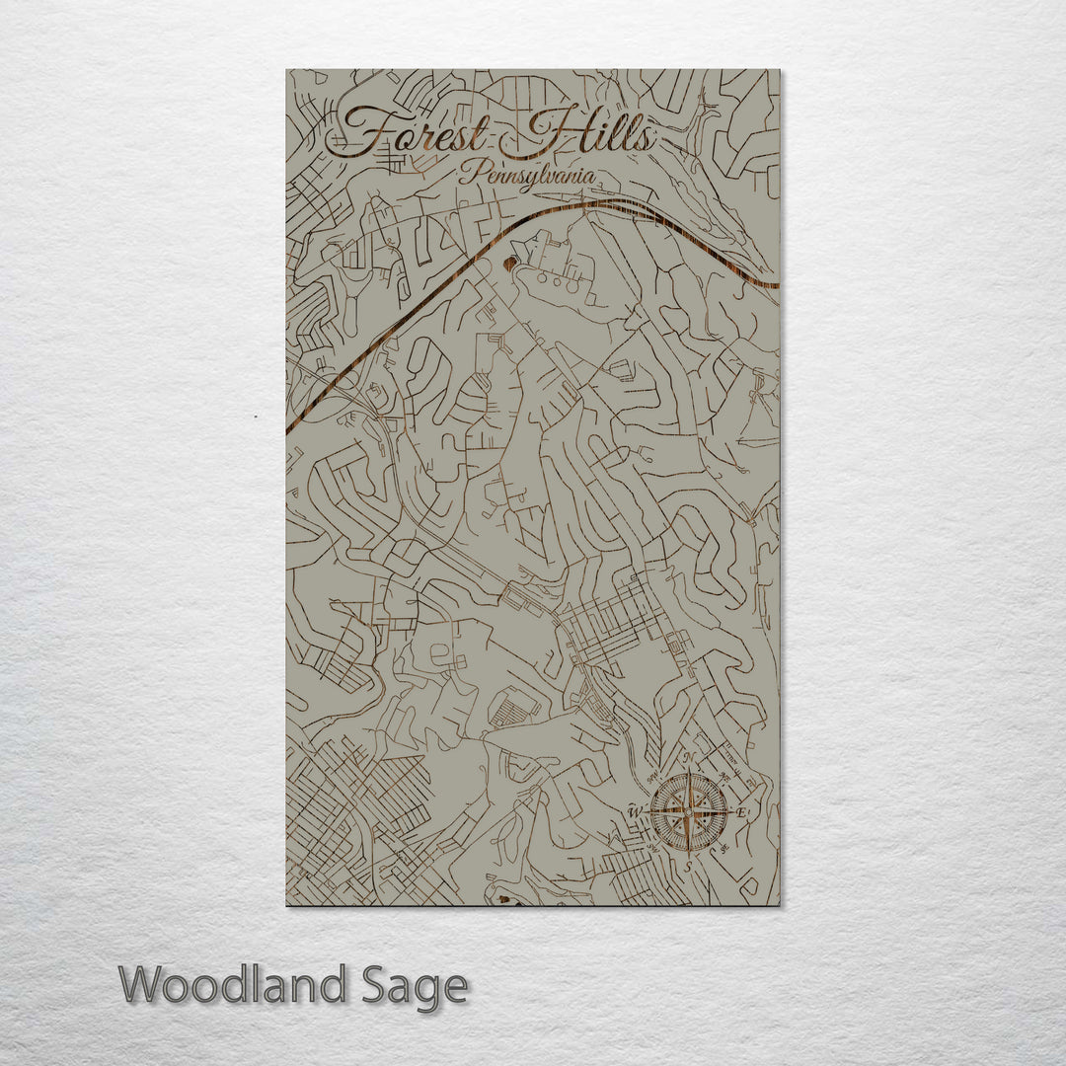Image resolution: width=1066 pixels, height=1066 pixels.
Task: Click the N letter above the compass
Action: tap(690, 758)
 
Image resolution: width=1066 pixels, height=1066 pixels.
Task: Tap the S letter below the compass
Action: tap(689, 867)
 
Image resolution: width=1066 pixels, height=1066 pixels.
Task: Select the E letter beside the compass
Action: tap(741, 812)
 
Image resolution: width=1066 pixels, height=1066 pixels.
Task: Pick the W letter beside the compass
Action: tap(635, 812)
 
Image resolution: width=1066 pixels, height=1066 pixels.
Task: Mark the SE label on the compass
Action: tap(726, 849)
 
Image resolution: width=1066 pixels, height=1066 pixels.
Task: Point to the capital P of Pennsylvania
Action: tap(467, 175)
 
